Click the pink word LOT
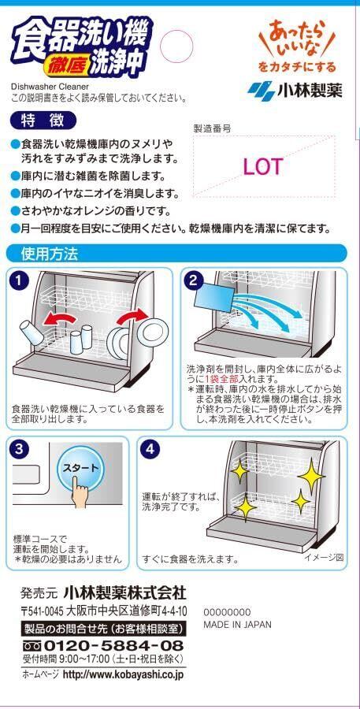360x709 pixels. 263,167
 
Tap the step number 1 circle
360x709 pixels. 19,281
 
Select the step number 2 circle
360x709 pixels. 193,281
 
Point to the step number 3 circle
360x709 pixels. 19,450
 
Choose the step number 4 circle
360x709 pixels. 150,450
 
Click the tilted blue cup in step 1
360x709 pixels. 31,332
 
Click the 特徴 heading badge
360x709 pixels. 43,121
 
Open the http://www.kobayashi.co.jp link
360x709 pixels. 123,674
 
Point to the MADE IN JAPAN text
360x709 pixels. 237,625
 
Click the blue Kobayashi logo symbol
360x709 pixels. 261,91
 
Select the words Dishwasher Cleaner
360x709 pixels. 43,87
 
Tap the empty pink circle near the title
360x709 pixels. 177,46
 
